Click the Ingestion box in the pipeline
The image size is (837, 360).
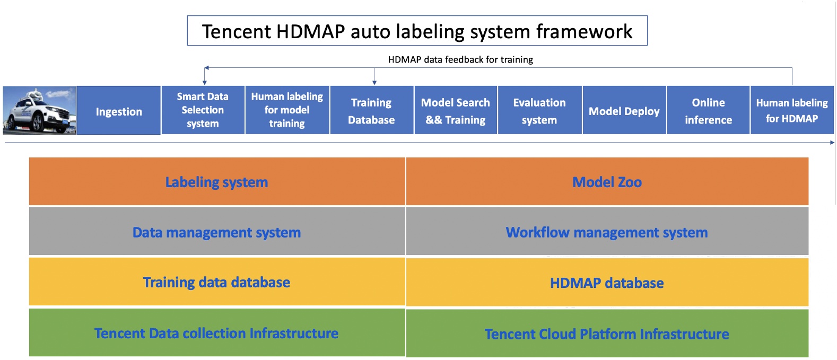[119, 111]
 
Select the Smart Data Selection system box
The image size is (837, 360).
[203, 110]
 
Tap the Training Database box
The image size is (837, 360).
[371, 111]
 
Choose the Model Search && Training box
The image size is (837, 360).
[456, 111]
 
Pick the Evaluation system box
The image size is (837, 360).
[539, 111]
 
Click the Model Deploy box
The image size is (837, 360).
[624, 111]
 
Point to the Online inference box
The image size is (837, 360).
[708, 111]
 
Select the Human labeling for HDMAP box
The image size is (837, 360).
[792, 110]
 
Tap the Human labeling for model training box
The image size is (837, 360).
[287, 110]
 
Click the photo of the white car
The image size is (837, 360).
[39, 111]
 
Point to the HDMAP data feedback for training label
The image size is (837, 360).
[460, 59]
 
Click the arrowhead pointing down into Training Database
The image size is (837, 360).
[374, 82]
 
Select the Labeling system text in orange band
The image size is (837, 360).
[216, 182]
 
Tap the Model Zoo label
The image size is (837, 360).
[607, 182]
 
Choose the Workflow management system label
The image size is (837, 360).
[607, 232]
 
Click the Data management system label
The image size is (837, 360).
[216, 232]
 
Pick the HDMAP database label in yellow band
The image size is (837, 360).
[607, 283]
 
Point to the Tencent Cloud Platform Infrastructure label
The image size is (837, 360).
[607, 333]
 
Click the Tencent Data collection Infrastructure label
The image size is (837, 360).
[216, 333]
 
